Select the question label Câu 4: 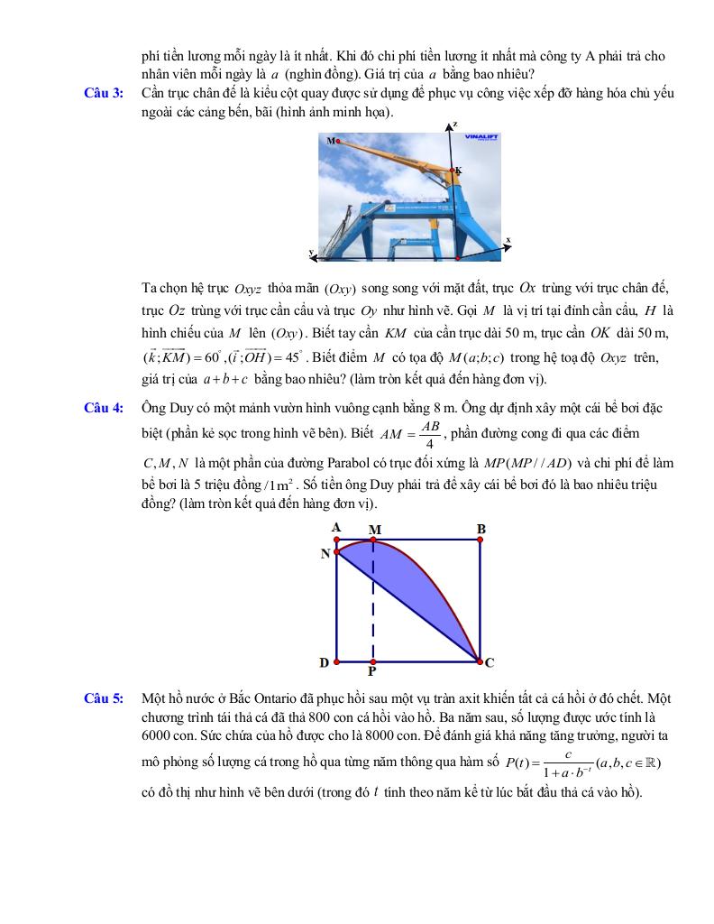click(x=104, y=409)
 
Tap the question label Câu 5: click(x=104, y=698)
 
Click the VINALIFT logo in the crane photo click(x=481, y=138)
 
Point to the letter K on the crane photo click(x=458, y=170)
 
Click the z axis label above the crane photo click(x=454, y=124)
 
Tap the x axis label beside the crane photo click(x=508, y=240)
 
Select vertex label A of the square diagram click(x=335, y=527)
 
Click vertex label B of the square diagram click(x=481, y=528)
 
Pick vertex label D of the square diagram click(x=324, y=663)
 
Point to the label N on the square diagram click(x=325, y=554)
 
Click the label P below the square click(x=371, y=672)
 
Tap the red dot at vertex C click(x=479, y=661)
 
